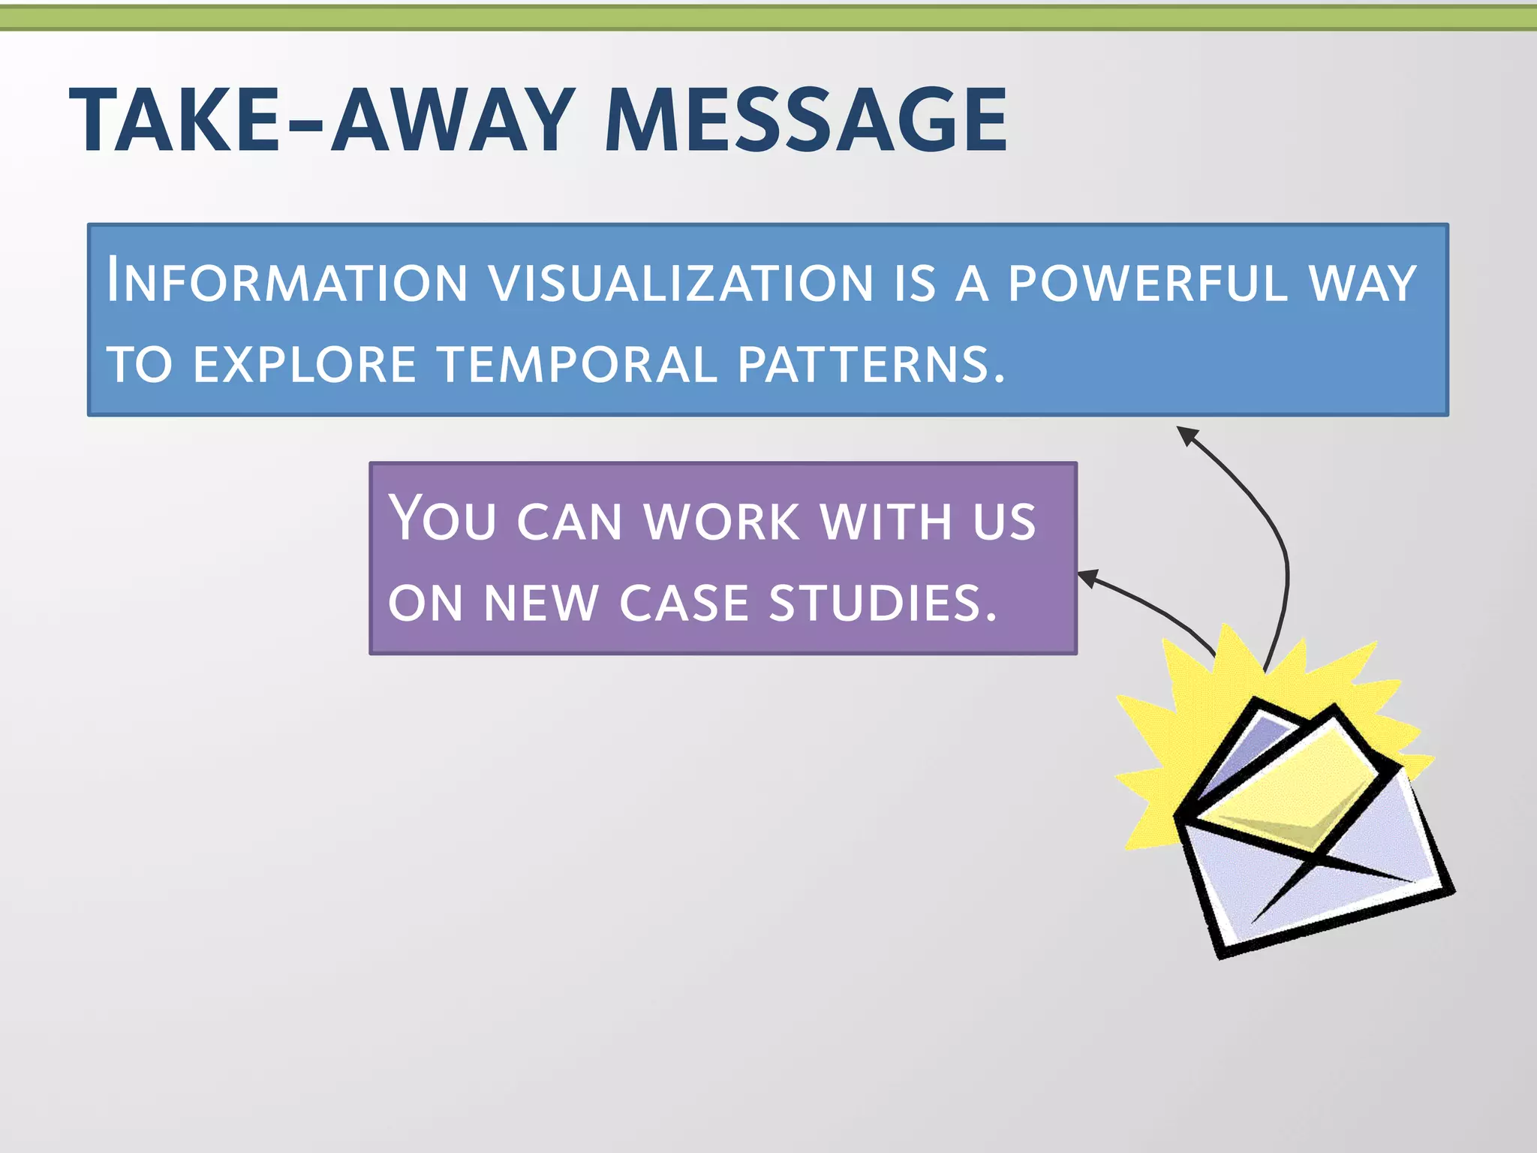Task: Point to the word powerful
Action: pyautogui.click(x=1147, y=284)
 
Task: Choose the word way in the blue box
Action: pyautogui.click(x=1362, y=284)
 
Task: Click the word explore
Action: pyautogui.click(x=304, y=365)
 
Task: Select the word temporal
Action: pyautogui.click(x=577, y=365)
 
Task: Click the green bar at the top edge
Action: pyautogui.click(x=768, y=18)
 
